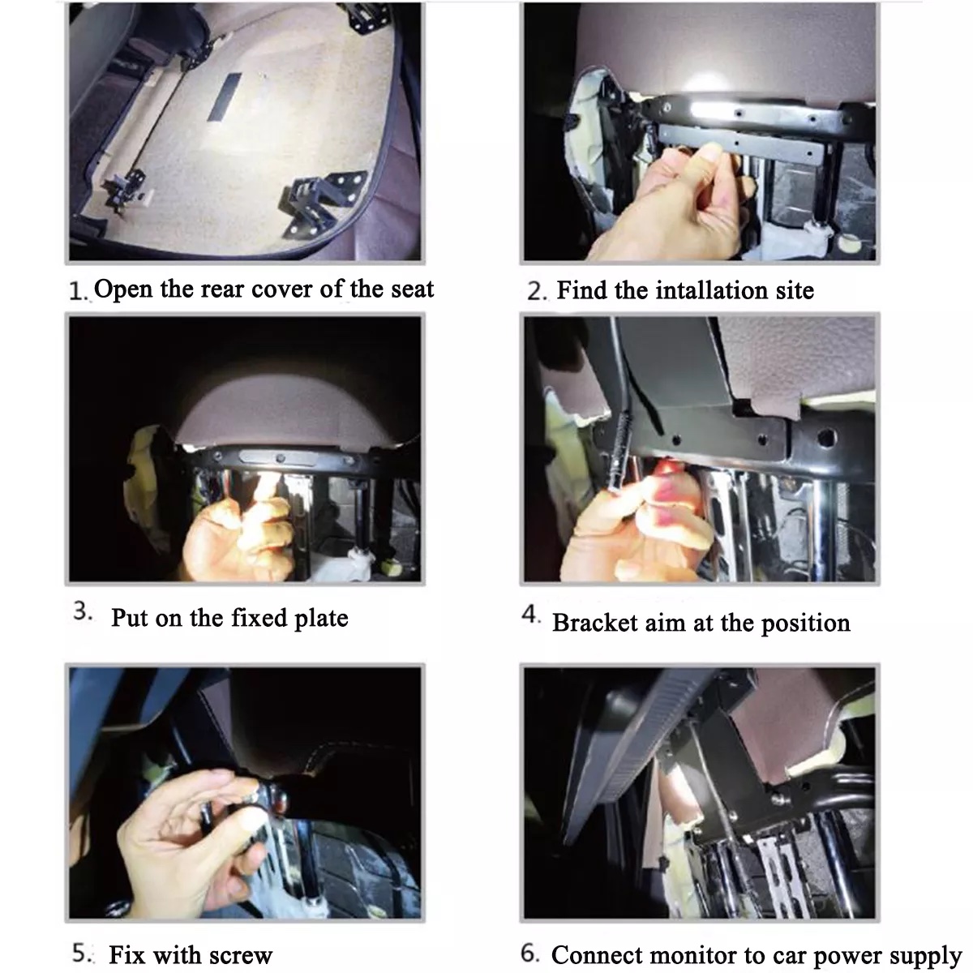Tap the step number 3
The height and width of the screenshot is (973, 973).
[x=83, y=611]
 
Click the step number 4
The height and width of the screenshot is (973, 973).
[x=530, y=615]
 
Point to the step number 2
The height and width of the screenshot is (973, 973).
[x=537, y=292]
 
